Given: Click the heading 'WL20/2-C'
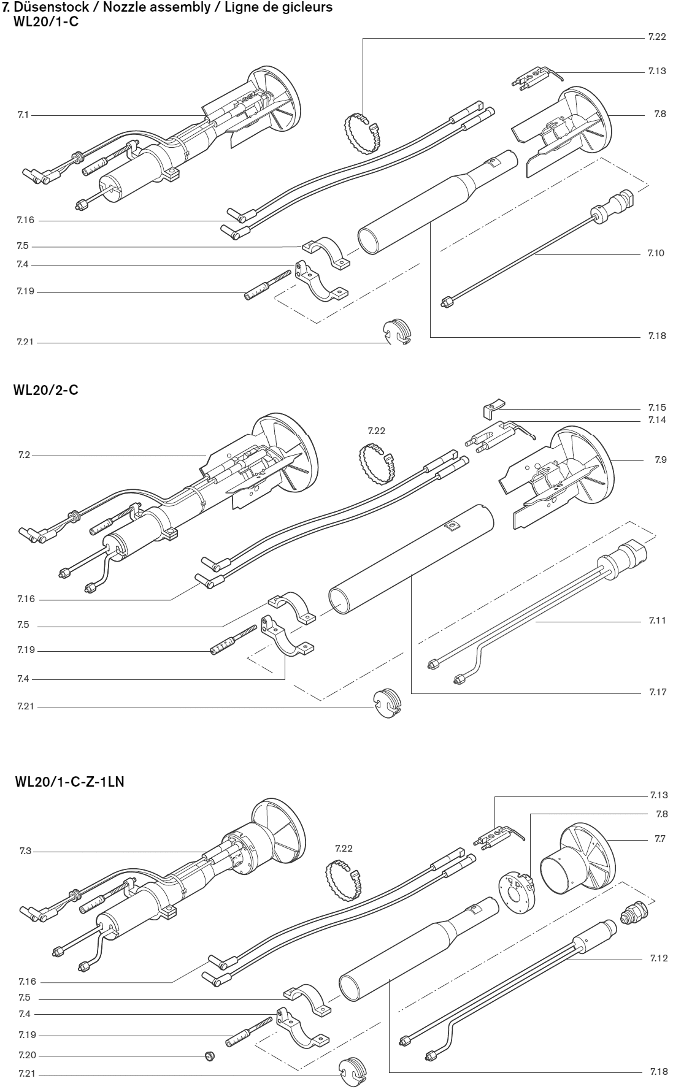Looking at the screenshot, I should tap(45, 390).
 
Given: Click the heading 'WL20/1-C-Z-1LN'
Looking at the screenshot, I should tap(70, 782).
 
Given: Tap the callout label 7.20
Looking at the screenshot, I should tap(28, 1055).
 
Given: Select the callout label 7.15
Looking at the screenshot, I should tap(657, 408).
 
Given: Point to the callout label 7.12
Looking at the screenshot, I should tap(659, 958).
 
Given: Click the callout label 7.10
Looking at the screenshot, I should tap(656, 253).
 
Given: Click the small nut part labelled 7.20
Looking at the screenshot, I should tap(209, 1056).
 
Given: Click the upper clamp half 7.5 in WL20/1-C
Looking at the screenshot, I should tap(325, 252).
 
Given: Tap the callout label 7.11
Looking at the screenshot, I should tap(657, 620).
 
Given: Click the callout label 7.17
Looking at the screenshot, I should tap(658, 692).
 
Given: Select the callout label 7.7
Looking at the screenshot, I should tap(660, 839).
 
